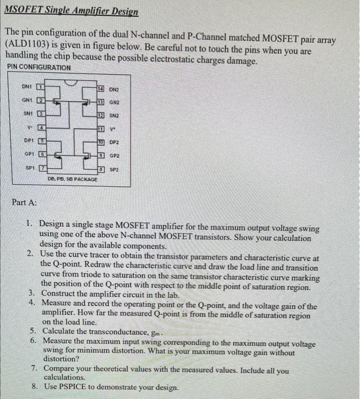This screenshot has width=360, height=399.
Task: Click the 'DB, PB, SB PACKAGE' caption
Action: click(x=72, y=181)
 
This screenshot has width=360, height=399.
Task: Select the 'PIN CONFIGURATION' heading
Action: click(x=39, y=68)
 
